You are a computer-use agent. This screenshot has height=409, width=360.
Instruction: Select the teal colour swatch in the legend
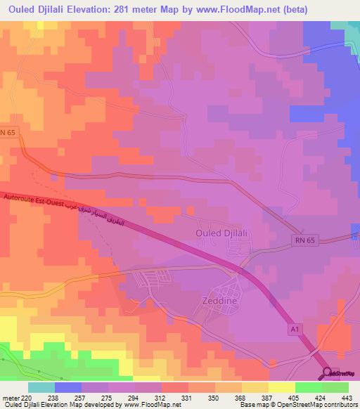[41, 387]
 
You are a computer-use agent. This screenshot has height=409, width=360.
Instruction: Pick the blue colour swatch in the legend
[68, 387]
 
